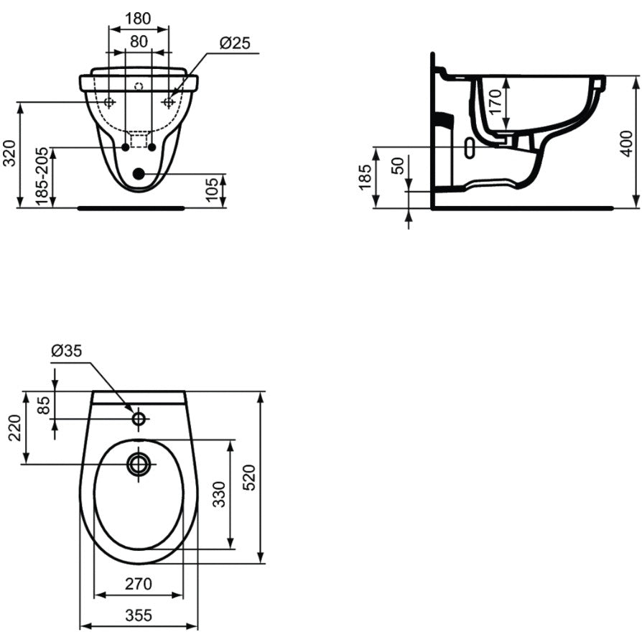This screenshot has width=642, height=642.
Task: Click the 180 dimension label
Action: click(x=138, y=19)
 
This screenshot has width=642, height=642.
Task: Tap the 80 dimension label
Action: click(x=139, y=42)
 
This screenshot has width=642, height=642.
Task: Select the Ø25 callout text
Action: click(x=235, y=43)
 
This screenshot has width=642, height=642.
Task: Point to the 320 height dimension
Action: click(x=10, y=153)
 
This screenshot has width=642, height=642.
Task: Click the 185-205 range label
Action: click(x=42, y=177)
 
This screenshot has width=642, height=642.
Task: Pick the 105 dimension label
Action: click(x=212, y=190)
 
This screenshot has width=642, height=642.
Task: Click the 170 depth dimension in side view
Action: click(x=495, y=102)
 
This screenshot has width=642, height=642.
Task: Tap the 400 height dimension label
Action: click(x=627, y=144)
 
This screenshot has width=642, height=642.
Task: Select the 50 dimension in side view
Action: click(x=398, y=166)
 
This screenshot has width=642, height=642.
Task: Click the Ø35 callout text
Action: click(x=67, y=351)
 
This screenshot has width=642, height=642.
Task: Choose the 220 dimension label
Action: click(x=15, y=427)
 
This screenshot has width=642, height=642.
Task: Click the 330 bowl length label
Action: click(x=220, y=494)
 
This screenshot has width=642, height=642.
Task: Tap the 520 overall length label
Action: click(x=249, y=478)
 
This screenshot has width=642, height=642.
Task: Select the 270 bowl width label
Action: click(x=139, y=585)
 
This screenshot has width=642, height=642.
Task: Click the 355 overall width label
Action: click(x=139, y=615)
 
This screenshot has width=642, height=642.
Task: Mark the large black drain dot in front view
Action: click(x=139, y=174)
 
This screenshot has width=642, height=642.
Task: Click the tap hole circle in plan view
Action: click(x=139, y=419)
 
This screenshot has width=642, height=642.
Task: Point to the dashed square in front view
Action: click(x=139, y=140)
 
